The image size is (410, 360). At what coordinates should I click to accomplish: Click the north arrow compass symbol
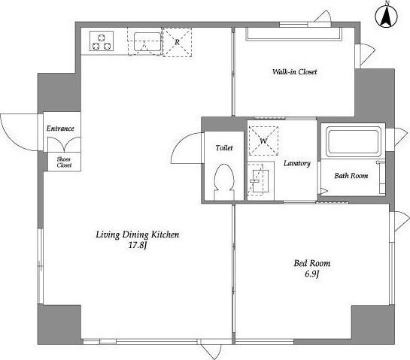[x=386, y=16]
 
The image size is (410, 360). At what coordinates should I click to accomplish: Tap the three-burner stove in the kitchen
[x=102, y=41]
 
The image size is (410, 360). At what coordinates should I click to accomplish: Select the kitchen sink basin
[x=147, y=41]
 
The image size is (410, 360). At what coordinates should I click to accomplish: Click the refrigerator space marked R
[x=178, y=42]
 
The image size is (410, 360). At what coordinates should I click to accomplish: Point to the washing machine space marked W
[x=263, y=141]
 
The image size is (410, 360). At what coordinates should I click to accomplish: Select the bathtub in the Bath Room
[x=354, y=141]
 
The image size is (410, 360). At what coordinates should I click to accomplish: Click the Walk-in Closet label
[x=294, y=71]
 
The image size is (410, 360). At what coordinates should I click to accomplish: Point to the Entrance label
[x=60, y=129]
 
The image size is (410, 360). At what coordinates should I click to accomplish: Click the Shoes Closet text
[x=64, y=162]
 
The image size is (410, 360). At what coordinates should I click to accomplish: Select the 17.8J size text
[x=138, y=246]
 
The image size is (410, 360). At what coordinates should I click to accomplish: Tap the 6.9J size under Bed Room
[x=312, y=274]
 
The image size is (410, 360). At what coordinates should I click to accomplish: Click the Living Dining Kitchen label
[x=138, y=234]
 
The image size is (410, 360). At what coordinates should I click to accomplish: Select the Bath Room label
[x=351, y=176]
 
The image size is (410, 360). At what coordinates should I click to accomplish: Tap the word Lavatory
[x=297, y=163]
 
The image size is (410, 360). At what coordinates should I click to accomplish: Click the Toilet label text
[x=224, y=148]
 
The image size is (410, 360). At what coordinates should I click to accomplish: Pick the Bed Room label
[x=312, y=263]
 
